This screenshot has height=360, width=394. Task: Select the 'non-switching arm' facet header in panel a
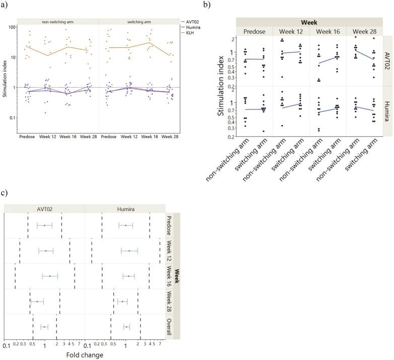pyautogui.click(x=57, y=22)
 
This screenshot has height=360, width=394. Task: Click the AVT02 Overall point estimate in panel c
pyautogui.click(x=44, y=327)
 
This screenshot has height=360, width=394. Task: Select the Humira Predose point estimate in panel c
pyautogui.click(x=125, y=225)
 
